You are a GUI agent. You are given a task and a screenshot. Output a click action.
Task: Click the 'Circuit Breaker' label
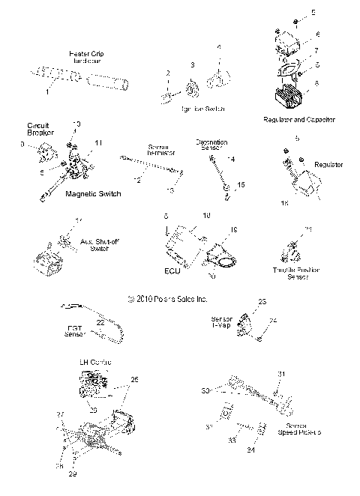[38, 128]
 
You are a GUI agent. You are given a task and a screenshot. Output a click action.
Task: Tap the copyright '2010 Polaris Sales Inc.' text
[167, 297]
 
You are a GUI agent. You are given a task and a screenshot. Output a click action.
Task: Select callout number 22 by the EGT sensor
[100, 321]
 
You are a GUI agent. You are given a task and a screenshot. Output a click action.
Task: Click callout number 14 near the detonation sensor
[230, 160]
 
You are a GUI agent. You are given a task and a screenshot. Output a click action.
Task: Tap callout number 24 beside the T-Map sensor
[273, 321]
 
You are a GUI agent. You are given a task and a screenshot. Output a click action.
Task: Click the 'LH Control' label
[95, 363]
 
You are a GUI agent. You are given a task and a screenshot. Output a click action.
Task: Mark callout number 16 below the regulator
[283, 202]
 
